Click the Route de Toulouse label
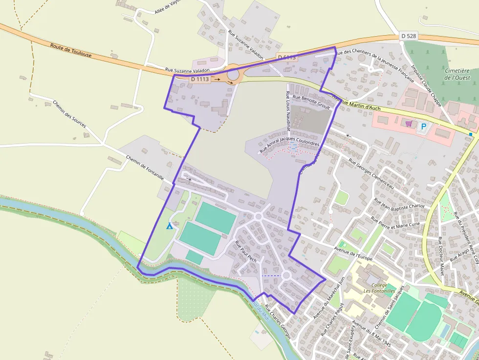tap(71, 50)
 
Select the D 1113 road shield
tap(200, 79)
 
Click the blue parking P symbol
tap(424, 127)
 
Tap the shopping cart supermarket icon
tap(409, 124)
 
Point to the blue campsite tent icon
tap(170, 226)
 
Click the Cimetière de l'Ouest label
tap(454, 74)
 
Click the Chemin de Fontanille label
tap(145, 168)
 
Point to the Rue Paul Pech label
tap(246, 252)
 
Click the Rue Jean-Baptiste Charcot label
tap(399, 200)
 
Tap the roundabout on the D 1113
tap(233, 75)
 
